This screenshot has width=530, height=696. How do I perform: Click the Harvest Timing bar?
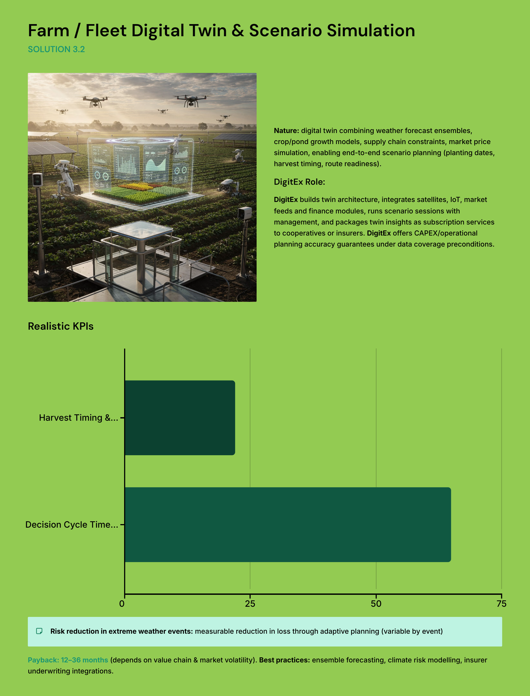pyautogui.click(x=180, y=417)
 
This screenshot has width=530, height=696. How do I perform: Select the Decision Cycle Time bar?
pyautogui.click(x=288, y=524)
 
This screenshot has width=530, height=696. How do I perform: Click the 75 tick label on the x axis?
pyautogui.click(x=501, y=603)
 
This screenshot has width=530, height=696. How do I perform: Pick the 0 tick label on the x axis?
pyautogui.click(x=122, y=603)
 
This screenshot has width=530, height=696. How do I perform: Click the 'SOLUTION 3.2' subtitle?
pyautogui.click(x=56, y=49)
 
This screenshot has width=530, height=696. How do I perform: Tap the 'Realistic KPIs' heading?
pyautogui.click(x=61, y=326)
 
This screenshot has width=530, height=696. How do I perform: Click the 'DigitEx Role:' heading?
pyautogui.click(x=299, y=182)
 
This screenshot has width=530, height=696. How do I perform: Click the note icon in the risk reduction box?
pyautogui.click(x=39, y=631)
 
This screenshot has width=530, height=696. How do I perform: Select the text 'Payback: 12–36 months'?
pyautogui.click(x=68, y=660)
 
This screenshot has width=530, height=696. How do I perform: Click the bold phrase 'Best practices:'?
pyautogui.click(x=284, y=660)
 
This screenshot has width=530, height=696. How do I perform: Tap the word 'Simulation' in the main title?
pyautogui.click(x=371, y=31)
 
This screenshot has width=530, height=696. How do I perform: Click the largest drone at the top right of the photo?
pyautogui.click(x=191, y=99)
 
